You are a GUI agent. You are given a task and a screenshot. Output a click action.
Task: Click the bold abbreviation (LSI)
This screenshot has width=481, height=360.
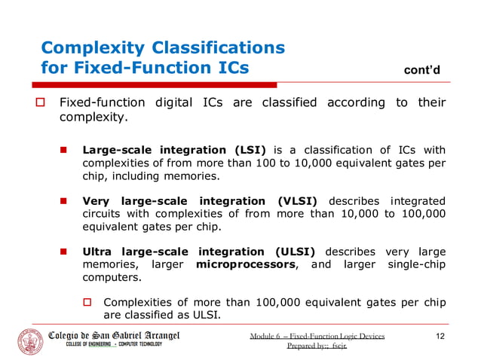point(244,150)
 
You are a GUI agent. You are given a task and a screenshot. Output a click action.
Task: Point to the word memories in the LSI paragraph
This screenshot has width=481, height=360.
point(194,176)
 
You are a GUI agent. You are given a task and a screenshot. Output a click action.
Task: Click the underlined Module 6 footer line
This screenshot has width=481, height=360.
point(317,336)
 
